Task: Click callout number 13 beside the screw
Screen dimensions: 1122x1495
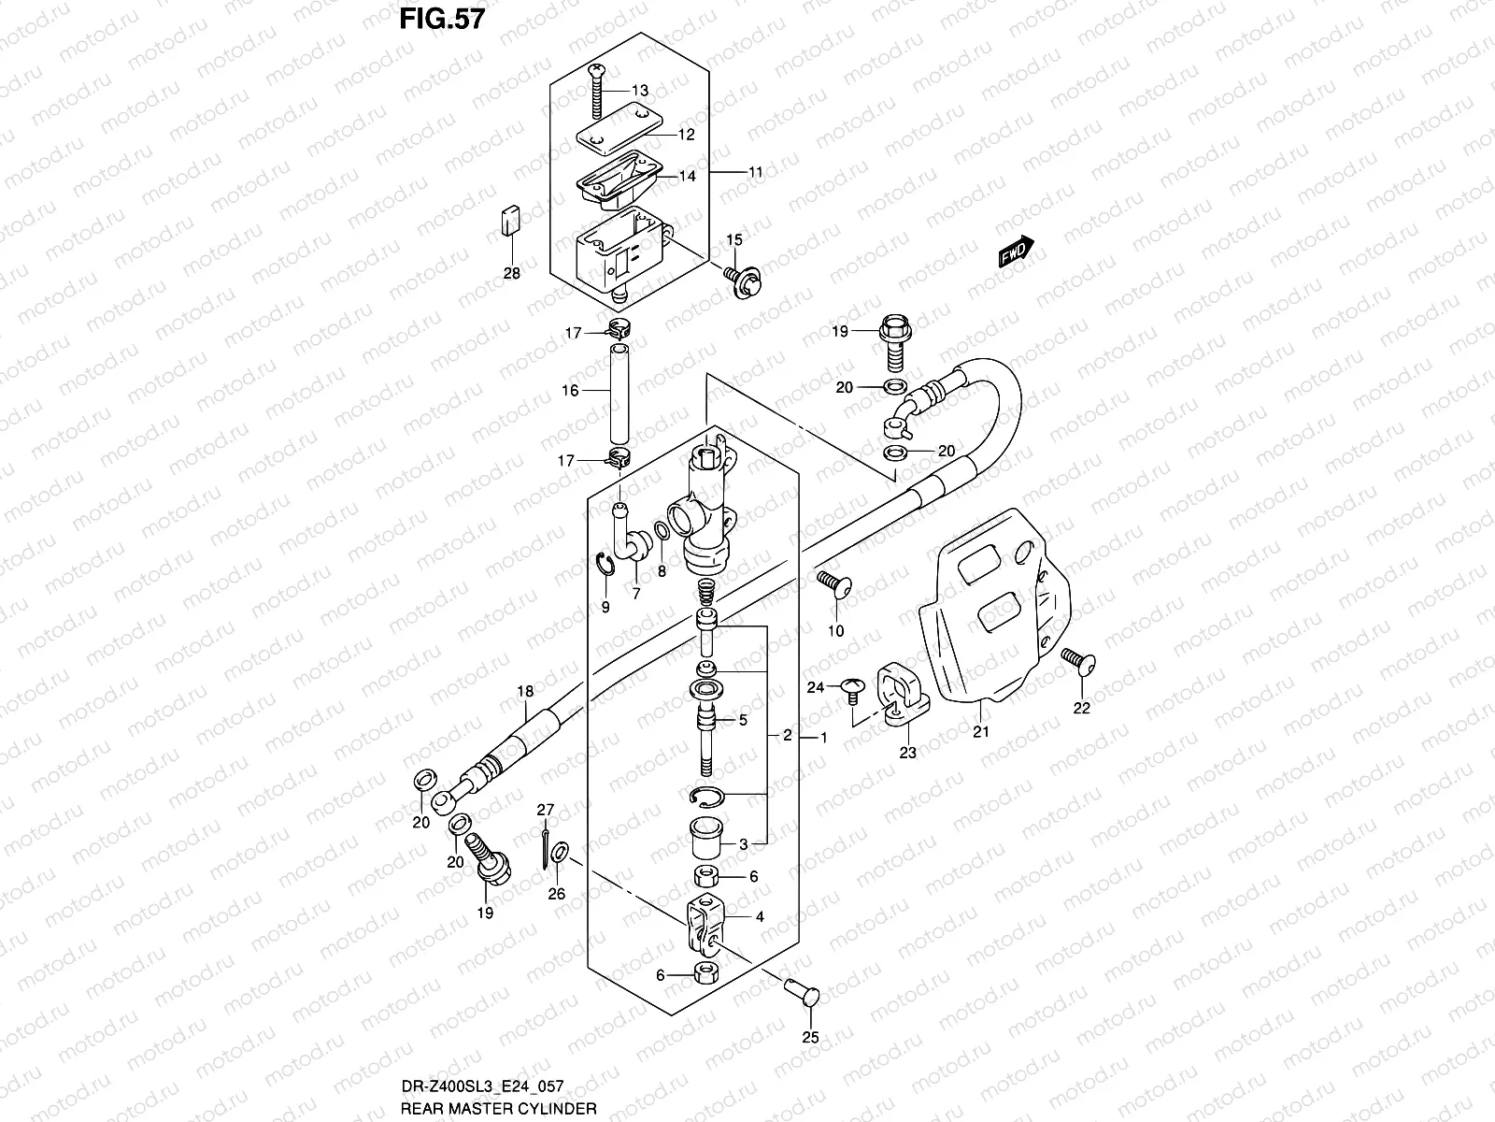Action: click(639, 91)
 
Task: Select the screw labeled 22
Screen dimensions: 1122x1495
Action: click(1079, 664)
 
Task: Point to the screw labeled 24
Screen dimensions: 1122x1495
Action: click(850, 690)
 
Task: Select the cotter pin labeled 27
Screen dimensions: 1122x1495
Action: click(546, 843)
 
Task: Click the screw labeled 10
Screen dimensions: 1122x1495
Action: click(832, 586)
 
